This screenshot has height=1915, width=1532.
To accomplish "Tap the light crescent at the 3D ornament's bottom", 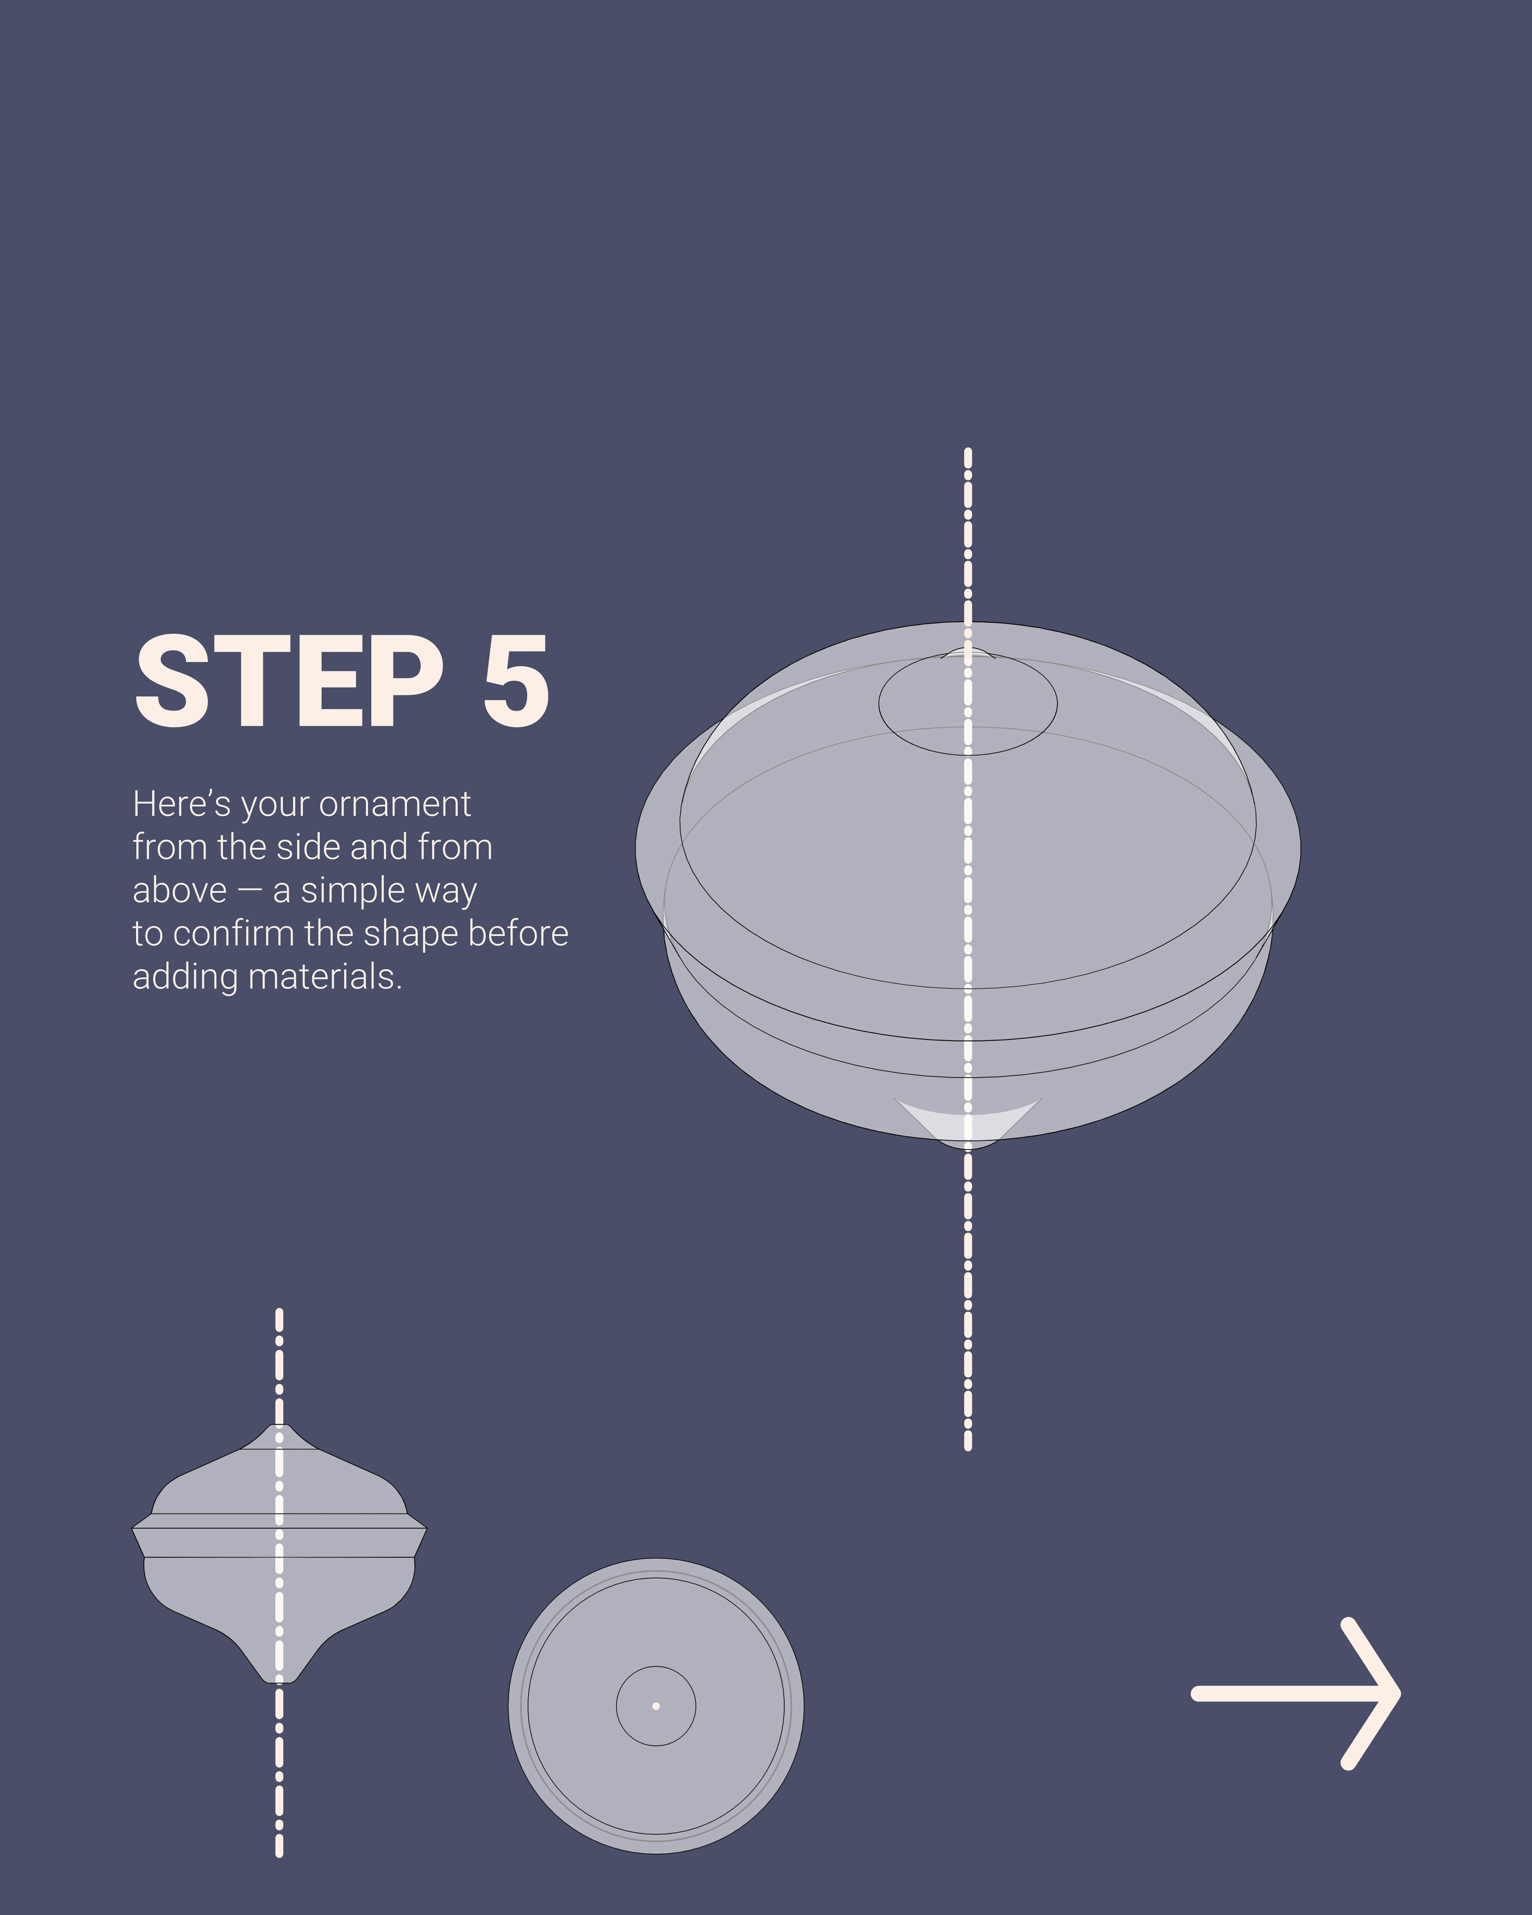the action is click(968, 1121).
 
